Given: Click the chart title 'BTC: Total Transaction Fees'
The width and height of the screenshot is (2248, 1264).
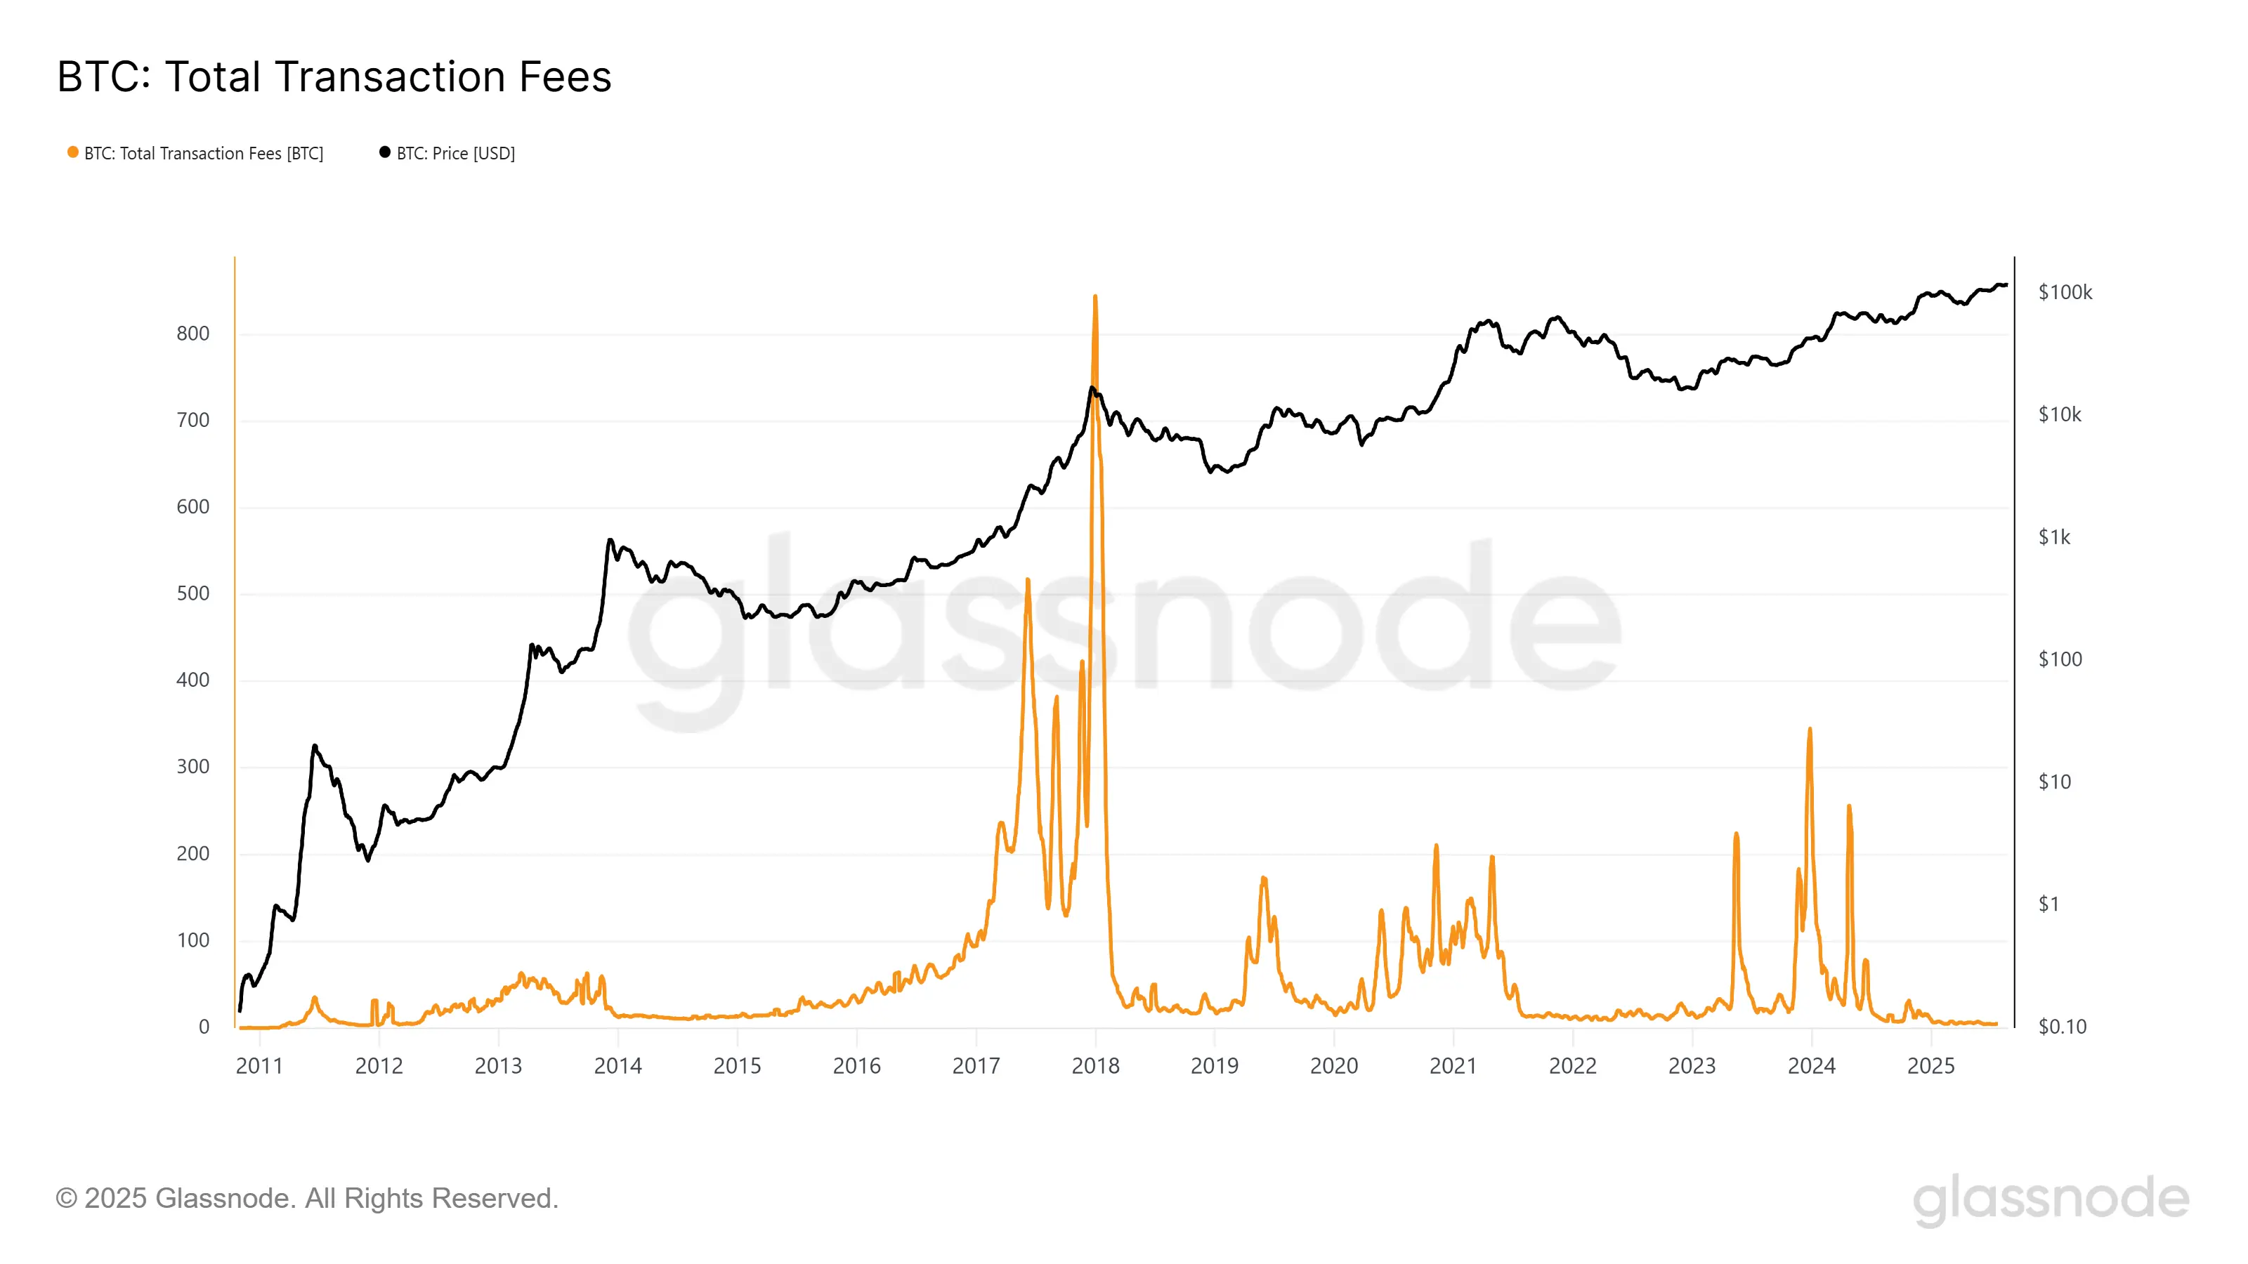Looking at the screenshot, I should click(x=334, y=77).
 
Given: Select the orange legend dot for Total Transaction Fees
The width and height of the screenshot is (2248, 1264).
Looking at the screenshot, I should click(x=73, y=152).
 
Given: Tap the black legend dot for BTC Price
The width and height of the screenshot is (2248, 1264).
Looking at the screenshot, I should click(x=385, y=152).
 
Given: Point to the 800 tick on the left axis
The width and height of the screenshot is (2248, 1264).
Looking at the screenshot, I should click(x=193, y=334).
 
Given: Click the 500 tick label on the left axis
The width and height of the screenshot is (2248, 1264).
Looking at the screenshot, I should click(x=193, y=593).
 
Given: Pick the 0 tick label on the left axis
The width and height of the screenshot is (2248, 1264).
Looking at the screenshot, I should click(x=203, y=1027).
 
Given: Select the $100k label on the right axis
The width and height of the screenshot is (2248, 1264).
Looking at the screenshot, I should click(x=2065, y=292).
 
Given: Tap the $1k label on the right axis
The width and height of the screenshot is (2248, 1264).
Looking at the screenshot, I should click(x=2053, y=536).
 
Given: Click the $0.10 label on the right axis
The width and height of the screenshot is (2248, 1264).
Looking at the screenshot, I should click(x=2061, y=1027).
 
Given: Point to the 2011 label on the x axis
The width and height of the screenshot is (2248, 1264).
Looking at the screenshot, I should click(x=259, y=1066).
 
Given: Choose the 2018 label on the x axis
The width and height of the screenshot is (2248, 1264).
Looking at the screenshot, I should click(x=1095, y=1066).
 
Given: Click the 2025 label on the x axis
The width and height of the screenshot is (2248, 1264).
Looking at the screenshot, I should click(x=1930, y=1066).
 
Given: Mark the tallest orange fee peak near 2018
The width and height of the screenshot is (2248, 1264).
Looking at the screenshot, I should click(x=1095, y=298).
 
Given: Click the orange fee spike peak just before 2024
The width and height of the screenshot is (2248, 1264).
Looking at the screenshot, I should click(x=1809, y=730).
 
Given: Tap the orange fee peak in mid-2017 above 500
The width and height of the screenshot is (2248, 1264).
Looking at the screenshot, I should click(x=1028, y=581).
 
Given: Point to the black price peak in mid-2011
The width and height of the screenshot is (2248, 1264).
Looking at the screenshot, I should click(x=314, y=746).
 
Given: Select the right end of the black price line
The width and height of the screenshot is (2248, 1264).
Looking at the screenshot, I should click(x=2006, y=285).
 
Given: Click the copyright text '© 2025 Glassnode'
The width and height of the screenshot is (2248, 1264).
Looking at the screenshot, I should click(x=306, y=1199).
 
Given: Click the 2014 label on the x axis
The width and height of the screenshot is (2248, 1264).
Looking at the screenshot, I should click(x=618, y=1066).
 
